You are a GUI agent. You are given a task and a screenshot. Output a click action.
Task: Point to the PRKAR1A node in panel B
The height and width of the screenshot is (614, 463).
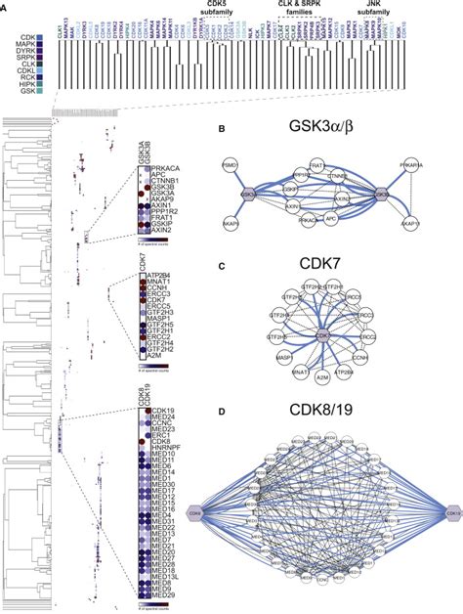click(429, 166)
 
